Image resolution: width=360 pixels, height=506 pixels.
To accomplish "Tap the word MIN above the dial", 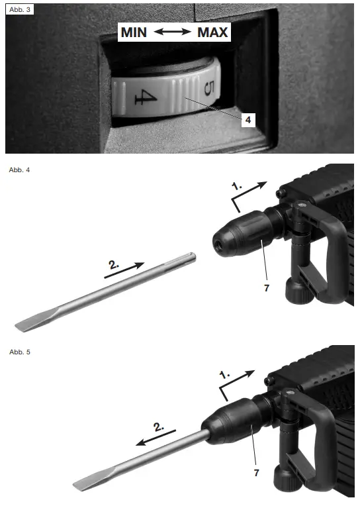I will pos(134,32).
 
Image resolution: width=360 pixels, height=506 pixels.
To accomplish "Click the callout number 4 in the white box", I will pos(247,121).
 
